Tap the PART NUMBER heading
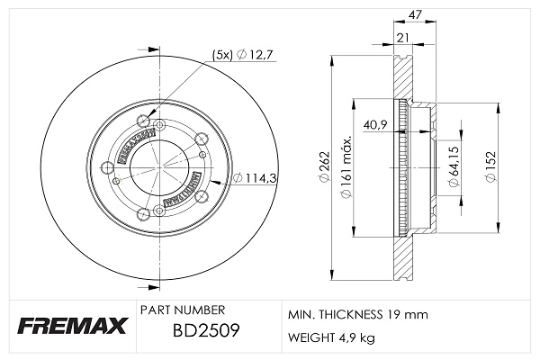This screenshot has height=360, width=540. pos(175,309)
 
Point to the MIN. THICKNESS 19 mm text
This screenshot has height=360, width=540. pos(357,314)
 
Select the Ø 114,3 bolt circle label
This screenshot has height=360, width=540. pos(253,178)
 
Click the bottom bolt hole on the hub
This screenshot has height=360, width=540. pos(144,214)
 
